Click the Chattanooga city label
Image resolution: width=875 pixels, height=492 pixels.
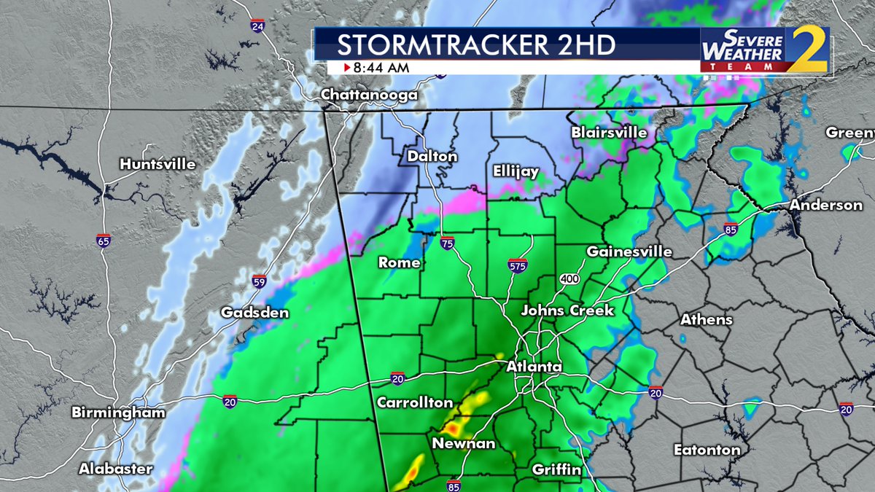click(369, 95)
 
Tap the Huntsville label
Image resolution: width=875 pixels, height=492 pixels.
click(158, 164)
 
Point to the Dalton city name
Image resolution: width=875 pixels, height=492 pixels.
click(432, 157)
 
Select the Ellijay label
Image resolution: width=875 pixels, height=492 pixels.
click(516, 172)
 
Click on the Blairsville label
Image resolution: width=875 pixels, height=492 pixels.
click(609, 133)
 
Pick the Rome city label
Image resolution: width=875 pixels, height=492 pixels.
click(399, 262)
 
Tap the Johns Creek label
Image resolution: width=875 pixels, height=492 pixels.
click(567, 311)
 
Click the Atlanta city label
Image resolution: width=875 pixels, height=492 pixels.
click(534, 366)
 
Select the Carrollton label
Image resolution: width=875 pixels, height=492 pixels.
click(415, 403)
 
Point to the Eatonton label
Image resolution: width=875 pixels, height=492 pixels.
click(707, 450)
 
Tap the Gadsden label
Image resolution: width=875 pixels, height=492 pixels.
click(255, 313)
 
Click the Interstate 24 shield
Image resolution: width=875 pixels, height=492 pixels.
click(257, 26)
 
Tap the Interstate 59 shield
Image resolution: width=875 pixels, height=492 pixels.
click(259, 281)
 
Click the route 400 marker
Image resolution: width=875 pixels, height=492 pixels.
click(569, 279)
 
